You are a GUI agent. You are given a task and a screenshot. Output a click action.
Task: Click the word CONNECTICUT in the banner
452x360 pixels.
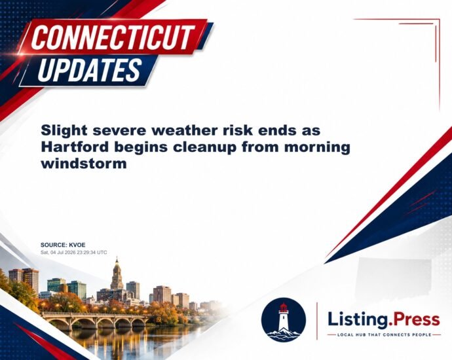point(113,37)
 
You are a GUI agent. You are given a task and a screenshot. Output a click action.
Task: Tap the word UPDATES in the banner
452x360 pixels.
point(89,70)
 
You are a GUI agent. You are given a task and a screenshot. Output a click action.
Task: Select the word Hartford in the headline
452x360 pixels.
point(75,147)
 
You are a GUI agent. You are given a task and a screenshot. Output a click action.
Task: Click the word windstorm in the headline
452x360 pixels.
point(84,164)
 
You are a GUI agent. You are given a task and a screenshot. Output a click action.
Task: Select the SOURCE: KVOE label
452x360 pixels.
point(63,245)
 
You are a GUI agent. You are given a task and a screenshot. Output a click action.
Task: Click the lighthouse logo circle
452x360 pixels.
point(284,319)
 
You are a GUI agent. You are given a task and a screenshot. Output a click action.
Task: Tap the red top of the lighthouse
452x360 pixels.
point(284,308)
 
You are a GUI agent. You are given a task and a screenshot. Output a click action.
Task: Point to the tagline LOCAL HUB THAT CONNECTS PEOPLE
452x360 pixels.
point(385,334)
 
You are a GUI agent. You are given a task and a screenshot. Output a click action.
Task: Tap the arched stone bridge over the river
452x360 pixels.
point(95,319)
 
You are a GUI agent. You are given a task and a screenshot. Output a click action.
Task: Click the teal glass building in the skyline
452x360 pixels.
point(56,285)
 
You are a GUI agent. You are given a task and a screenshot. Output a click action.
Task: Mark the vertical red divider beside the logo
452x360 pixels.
point(317,321)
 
